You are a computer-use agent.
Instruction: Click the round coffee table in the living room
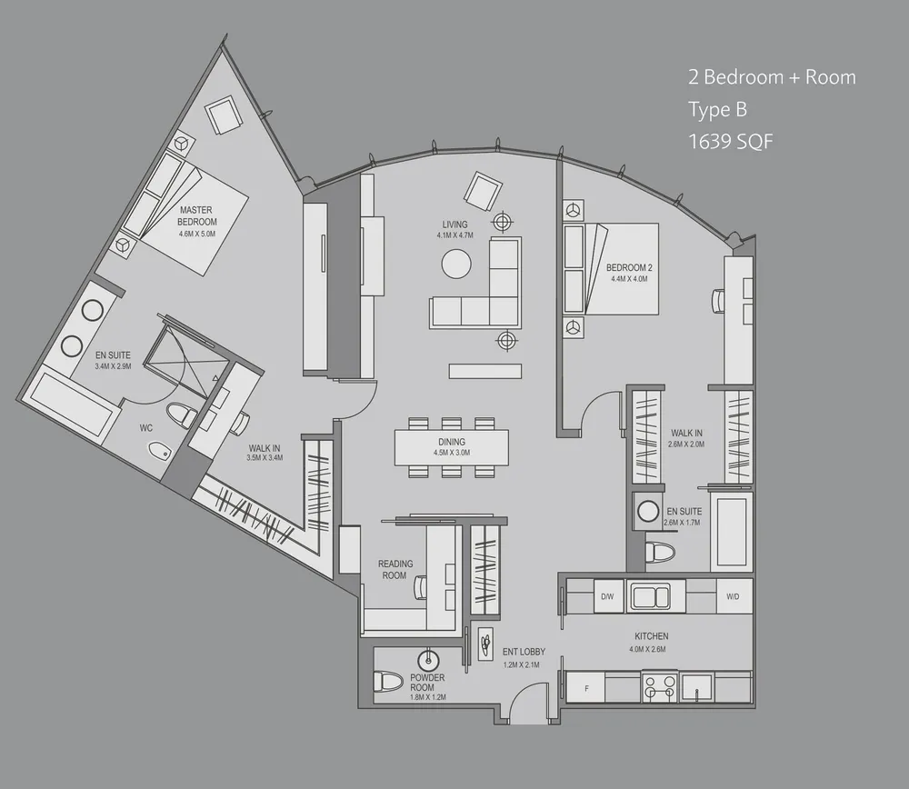456,265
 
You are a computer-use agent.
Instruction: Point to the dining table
451,445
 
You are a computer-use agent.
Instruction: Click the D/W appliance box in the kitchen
606,597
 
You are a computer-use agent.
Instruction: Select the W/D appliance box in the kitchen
733,597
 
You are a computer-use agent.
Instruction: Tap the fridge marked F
586,688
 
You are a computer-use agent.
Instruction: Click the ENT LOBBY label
522,652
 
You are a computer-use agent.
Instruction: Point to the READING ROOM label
395,570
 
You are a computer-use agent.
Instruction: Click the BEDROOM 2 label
630,267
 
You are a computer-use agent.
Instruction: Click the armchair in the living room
482,189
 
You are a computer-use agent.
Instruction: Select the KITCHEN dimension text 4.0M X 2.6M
648,650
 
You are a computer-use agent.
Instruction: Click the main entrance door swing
525,704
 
